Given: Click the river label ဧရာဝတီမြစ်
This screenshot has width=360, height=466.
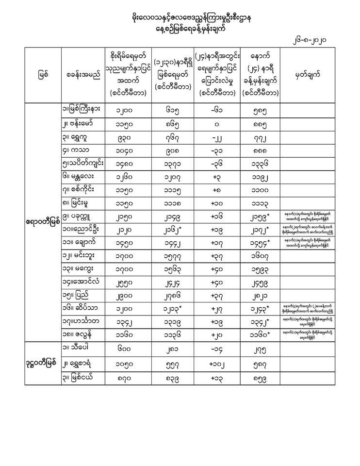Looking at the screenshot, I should (x=43, y=221).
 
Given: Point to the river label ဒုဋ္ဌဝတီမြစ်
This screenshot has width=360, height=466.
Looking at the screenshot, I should (x=43, y=363).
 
